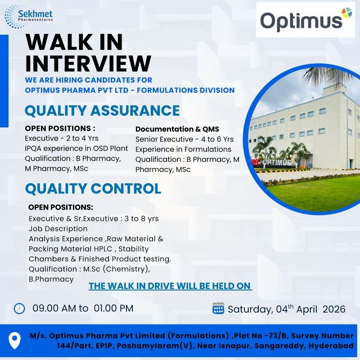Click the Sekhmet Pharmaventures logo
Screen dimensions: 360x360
coord(29,16)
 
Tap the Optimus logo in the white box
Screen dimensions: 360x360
coord(305,20)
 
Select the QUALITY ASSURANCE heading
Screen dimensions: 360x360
coord(102,110)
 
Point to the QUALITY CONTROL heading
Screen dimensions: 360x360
coord(93,188)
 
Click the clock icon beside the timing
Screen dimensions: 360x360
coord(19,308)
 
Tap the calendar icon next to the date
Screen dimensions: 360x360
coord(218,309)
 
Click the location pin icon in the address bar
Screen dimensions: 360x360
coord(15,341)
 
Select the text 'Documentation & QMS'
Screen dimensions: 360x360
coord(177,129)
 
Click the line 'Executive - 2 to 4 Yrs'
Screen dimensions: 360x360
coord(62,138)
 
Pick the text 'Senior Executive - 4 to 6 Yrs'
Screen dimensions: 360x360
coord(184,139)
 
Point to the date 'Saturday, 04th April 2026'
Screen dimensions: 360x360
coord(286,309)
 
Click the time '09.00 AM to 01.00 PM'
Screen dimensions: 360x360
coord(83,309)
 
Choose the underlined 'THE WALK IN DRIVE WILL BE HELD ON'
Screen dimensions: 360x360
coord(170,286)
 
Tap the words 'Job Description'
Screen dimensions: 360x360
coord(58,229)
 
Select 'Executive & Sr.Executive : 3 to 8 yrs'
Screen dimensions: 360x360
coord(94,218)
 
